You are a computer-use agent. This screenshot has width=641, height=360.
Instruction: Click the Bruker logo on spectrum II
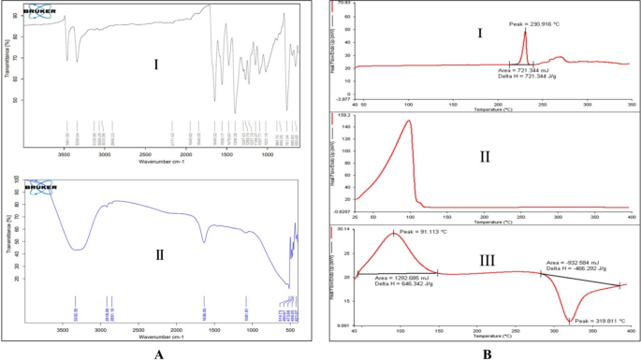[41, 184]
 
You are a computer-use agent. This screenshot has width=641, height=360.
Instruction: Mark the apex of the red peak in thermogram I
[525, 31]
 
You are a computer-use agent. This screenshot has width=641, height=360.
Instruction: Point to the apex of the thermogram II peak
[408, 121]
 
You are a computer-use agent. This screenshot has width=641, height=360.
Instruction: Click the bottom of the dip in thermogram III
[568, 321]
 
